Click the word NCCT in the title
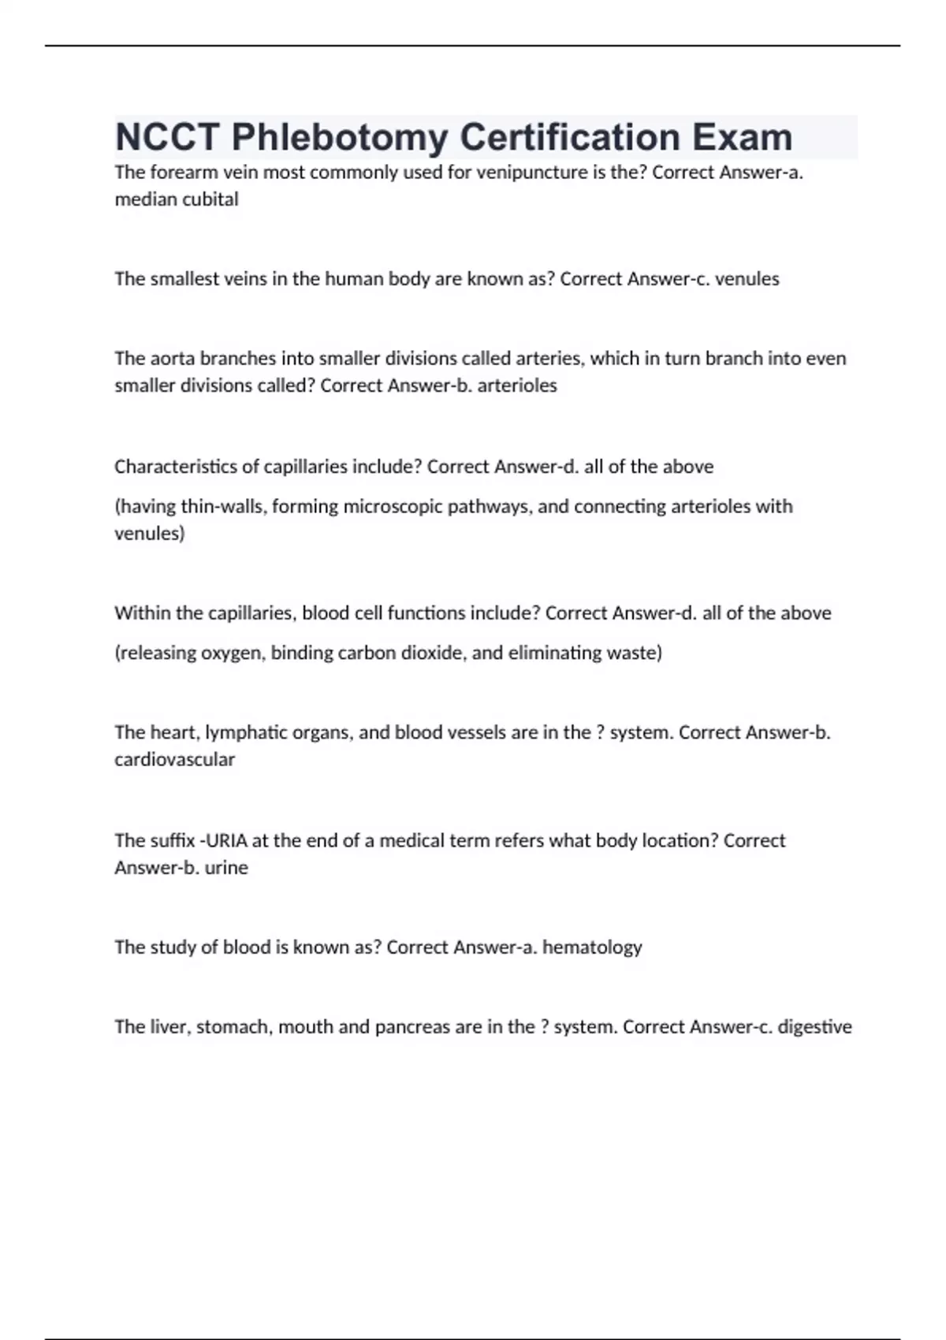click(167, 138)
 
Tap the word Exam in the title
click(742, 138)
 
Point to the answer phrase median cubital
click(177, 199)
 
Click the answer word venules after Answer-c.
click(747, 279)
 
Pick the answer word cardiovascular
click(174, 760)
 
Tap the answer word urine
click(226, 868)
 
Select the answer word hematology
click(592, 947)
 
